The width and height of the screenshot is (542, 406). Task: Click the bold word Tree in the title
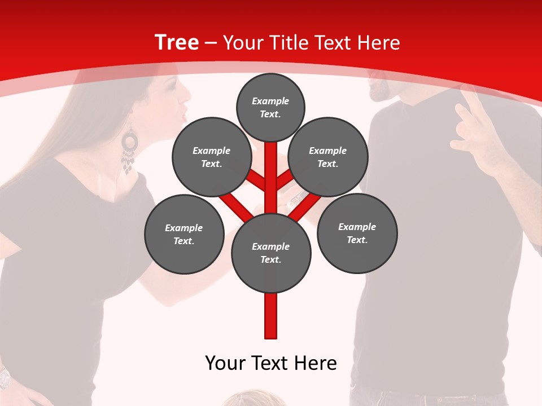(x=177, y=43)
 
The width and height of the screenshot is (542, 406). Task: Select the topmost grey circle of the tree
(x=270, y=107)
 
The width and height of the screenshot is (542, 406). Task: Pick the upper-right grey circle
(x=328, y=157)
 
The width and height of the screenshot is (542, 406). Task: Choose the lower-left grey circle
(x=184, y=234)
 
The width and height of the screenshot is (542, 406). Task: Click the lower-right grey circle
(x=357, y=233)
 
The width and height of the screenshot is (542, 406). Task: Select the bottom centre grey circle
(x=271, y=253)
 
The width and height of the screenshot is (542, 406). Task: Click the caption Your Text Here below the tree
(x=271, y=363)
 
